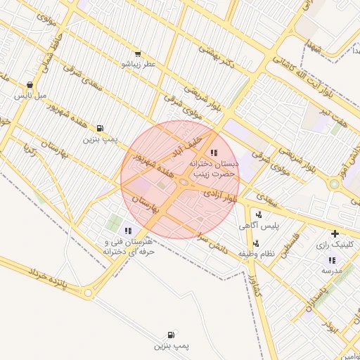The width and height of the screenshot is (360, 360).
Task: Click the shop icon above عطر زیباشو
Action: pos(138,53)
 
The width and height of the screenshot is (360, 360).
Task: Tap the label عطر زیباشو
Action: pos(138,64)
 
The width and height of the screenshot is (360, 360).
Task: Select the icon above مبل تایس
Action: pos(31,83)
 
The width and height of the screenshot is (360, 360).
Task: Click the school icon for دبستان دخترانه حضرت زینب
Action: pos(214,152)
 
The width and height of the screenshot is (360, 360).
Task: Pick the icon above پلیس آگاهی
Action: pos(259,214)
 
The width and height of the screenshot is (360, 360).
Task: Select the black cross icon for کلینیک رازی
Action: pos(335,233)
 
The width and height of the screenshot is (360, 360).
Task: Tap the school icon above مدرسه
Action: pos(332,260)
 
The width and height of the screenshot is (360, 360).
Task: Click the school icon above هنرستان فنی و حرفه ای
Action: pos(128,231)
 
